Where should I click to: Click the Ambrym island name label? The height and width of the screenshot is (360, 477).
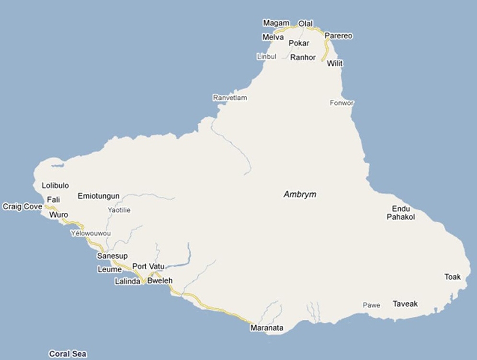(300, 195)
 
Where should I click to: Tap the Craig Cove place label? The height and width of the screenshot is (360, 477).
(22, 207)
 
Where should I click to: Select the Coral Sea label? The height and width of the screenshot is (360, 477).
(68, 354)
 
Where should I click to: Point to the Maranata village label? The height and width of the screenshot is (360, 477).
(267, 328)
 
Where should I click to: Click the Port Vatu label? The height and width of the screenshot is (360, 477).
(148, 266)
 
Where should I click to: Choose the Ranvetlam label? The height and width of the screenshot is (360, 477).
(230, 98)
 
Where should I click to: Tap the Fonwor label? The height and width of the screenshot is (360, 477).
(341, 103)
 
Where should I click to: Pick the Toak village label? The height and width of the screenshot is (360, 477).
(452, 277)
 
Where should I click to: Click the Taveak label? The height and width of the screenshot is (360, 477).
(405, 303)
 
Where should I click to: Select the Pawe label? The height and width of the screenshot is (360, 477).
(371, 305)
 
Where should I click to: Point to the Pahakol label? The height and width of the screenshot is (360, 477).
(400, 217)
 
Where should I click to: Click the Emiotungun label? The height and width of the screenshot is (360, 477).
(98, 196)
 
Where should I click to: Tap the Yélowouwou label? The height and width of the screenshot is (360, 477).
(91, 233)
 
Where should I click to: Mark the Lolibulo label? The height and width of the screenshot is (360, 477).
(55, 186)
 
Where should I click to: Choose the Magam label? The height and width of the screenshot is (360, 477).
(276, 23)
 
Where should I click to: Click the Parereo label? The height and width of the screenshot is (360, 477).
(338, 36)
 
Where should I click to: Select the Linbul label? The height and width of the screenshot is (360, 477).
(267, 57)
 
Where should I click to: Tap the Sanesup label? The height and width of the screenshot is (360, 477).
(112, 256)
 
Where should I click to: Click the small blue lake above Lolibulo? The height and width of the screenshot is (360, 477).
(57, 166)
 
